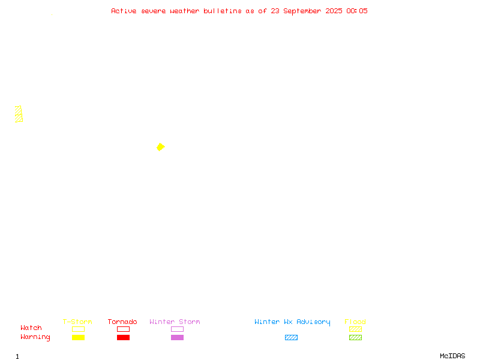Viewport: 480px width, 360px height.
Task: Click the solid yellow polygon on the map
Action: [x=160, y=147]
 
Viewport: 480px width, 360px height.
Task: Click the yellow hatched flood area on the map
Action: [x=19, y=114]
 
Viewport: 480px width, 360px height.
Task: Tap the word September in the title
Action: [x=302, y=11]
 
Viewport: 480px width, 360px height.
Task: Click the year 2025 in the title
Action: [x=334, y=11]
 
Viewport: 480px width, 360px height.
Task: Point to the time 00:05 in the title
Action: [x=356, y=11]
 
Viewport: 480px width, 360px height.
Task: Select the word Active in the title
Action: [x=124, y=11]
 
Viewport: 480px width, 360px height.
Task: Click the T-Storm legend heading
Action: [x=77, y=322]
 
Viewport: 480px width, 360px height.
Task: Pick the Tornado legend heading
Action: [x=122, y=322]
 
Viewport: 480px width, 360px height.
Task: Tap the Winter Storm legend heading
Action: [x=175, y=322]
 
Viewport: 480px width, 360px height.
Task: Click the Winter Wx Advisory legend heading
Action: [x=292, y=322]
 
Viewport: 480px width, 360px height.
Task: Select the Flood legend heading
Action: [x=355, y=322]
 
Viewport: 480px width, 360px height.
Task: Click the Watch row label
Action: [x=31, y=328]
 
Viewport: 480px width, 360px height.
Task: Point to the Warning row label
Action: [x=35, y=337]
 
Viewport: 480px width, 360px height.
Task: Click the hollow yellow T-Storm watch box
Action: [x=79, y=326]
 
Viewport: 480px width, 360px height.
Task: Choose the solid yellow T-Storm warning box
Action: [x=79, y=337]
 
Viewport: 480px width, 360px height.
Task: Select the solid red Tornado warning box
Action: [x=124, y=337]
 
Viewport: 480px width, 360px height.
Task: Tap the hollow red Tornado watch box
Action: [x=124, y=326]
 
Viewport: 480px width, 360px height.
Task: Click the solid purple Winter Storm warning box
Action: [x=177, y=337]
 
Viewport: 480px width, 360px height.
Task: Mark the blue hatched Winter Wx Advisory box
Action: [x=291, y=337]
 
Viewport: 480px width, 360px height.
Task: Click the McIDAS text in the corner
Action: [x=452, y=356]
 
